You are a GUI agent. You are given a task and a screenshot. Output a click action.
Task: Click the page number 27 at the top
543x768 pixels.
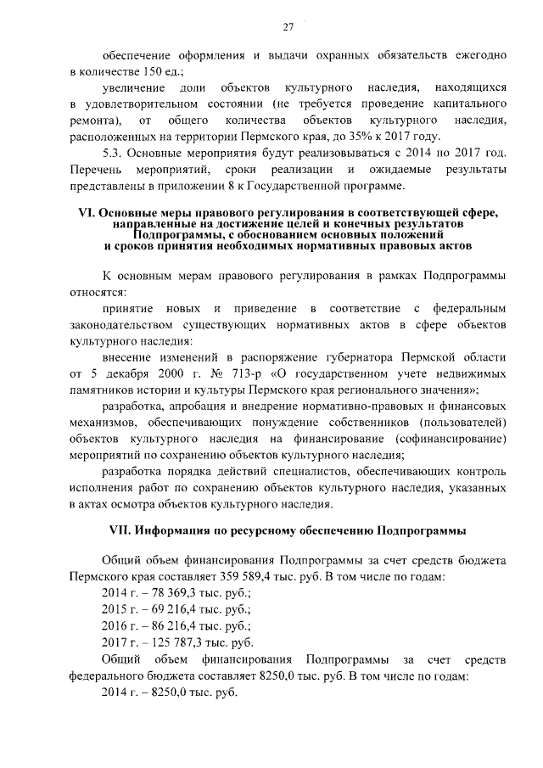288,27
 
